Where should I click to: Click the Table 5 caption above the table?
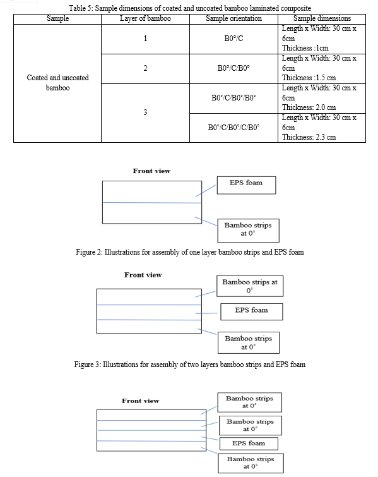pos(190,8)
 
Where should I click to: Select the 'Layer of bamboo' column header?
pos(145,18)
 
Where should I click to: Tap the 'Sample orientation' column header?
pos(233,18)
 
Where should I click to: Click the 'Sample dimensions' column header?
pos(322,18)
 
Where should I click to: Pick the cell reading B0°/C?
pos(233,39)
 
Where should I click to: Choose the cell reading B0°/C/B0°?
pos(233,68)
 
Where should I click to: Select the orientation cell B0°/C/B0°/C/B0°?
pos(233,128)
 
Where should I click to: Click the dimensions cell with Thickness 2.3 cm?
pos(322,128)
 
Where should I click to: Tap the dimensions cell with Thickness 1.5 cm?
pos(322,69)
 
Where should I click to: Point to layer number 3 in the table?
pos(145,112)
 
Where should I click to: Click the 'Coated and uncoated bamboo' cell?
pos(57,83)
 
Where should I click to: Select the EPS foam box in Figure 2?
pos(246,185)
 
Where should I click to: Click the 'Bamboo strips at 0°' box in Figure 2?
pos(248,230)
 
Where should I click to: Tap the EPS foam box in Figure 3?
pos(252,311)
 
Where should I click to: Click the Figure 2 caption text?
pos(190,252)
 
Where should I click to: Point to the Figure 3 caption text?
pos(190,365)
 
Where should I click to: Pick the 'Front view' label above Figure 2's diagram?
pos(151,171)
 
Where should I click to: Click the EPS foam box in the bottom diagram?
pos(249,444)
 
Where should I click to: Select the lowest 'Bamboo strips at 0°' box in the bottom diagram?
pos(251,463)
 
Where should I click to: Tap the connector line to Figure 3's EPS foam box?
pos(206,313)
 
